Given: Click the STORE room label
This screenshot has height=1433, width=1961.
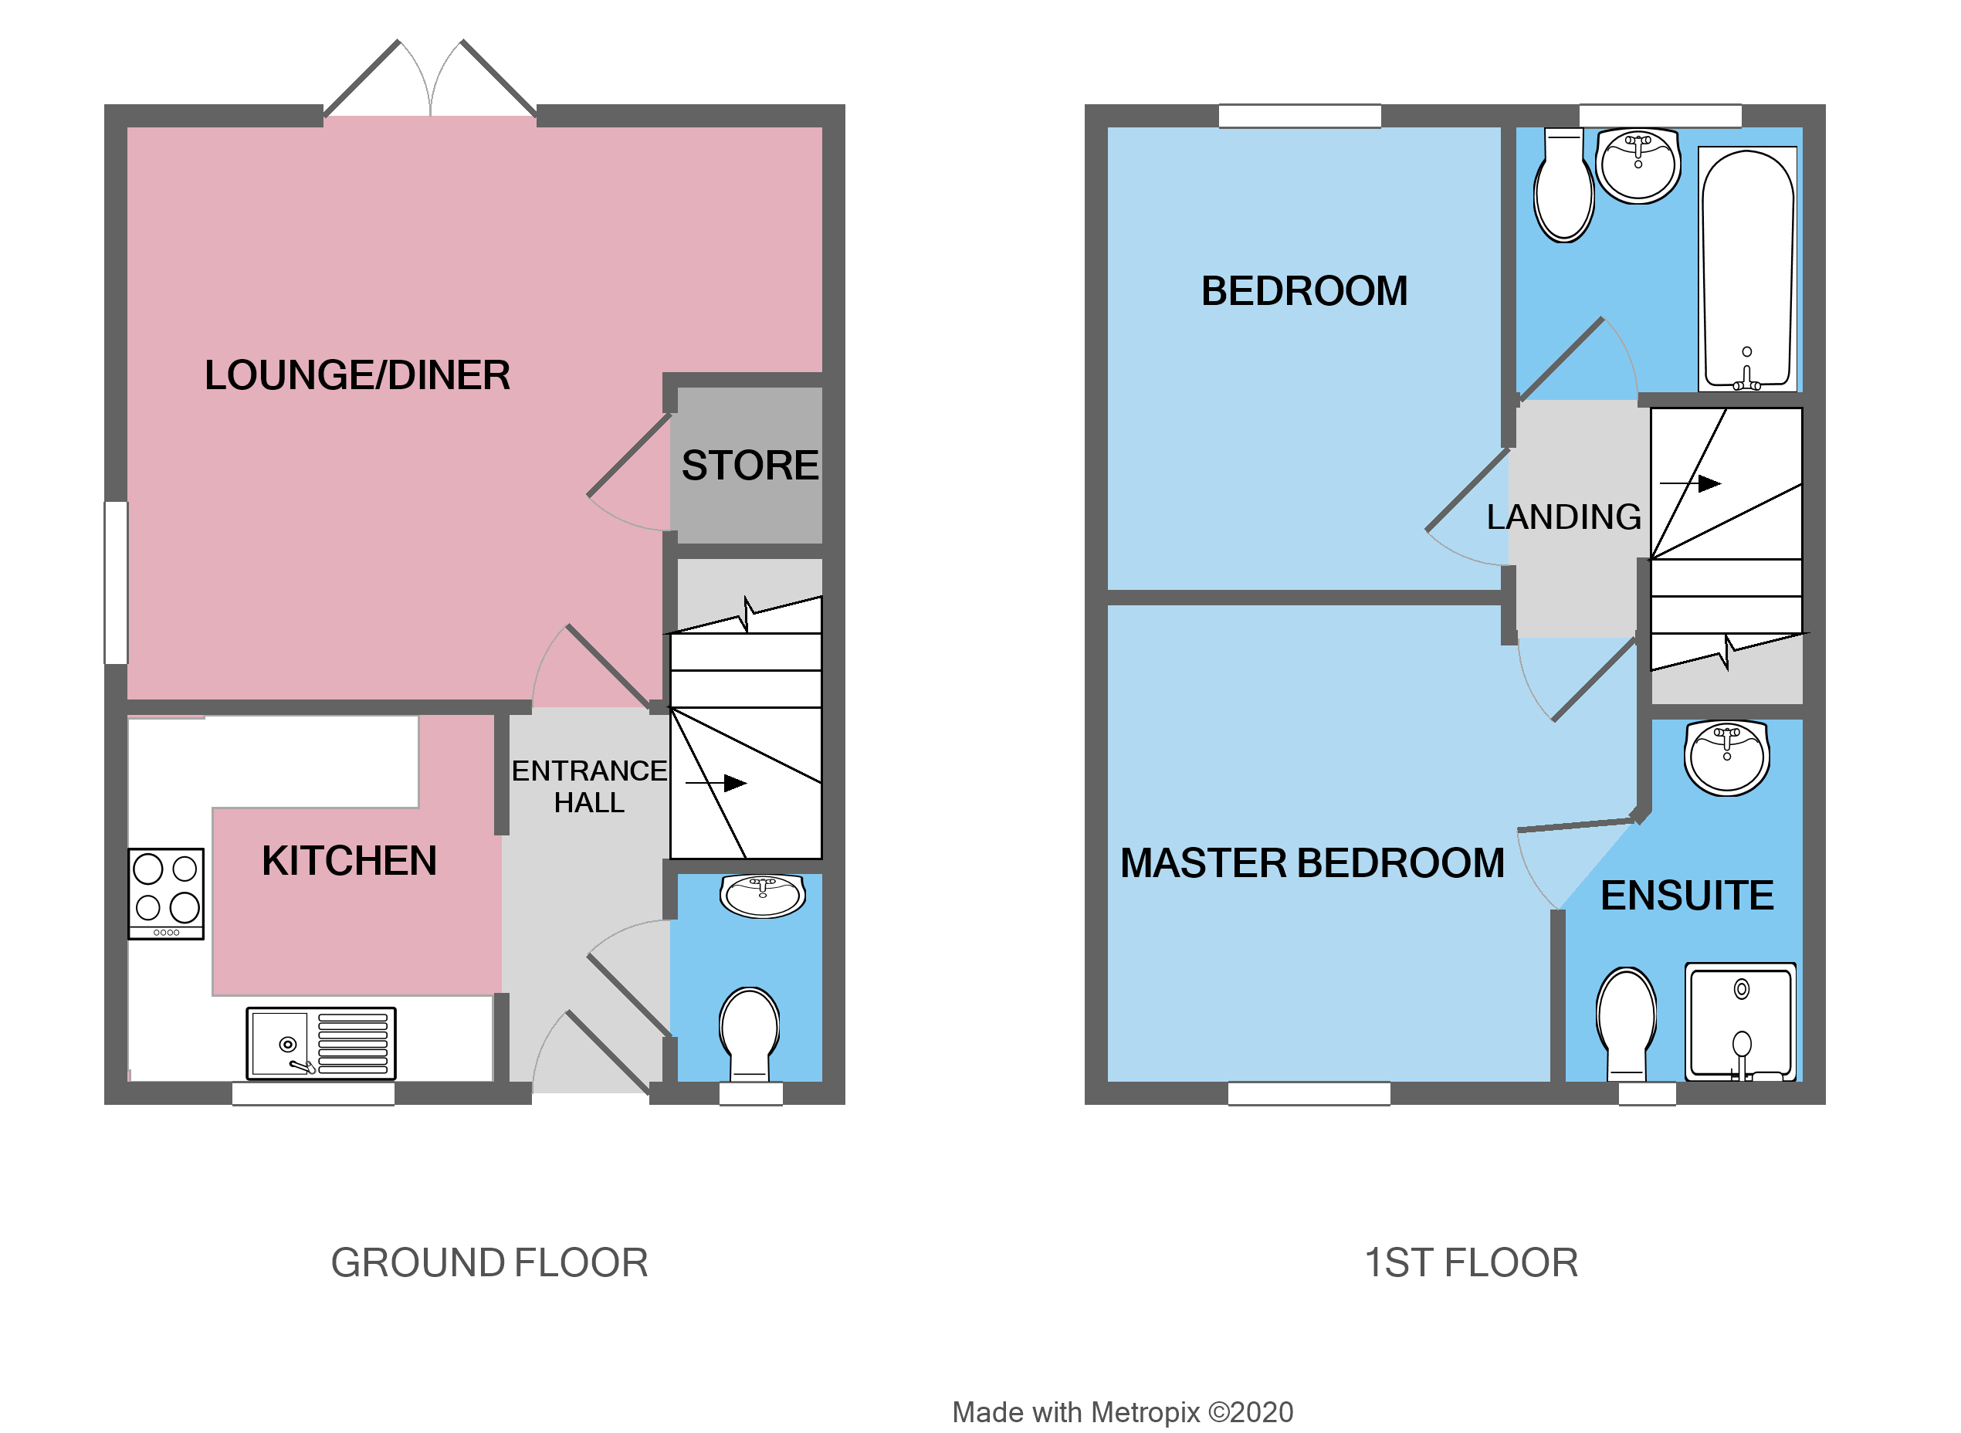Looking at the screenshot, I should point(750,466).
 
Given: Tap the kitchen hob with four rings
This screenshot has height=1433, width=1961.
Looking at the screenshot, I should point(166,893).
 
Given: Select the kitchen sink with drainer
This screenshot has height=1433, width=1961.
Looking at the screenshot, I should point(321,1044).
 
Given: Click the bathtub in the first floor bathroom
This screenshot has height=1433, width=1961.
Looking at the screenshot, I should point(1748,269).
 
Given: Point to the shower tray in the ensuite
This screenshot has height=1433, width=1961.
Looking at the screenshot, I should point(1741,1021).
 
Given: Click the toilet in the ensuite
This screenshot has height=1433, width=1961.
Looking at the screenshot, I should point(1627,1021).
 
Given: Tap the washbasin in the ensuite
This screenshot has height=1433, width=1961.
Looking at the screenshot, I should point(1727,758).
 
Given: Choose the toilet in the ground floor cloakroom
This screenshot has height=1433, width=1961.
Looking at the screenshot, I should point(750,1032).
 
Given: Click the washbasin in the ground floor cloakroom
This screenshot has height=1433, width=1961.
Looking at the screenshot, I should point(762,895).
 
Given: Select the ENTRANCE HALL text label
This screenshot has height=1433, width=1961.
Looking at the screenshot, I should point(589,787).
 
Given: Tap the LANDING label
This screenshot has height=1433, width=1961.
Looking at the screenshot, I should point(1563,517).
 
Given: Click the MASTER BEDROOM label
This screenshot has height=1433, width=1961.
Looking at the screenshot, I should point(1312,864).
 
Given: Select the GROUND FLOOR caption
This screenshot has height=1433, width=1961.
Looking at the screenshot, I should point(489,1263).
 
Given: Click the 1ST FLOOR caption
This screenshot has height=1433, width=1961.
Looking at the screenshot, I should point(1471,1263).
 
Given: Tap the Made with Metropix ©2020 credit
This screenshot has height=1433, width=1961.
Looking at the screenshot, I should point(1123,1412).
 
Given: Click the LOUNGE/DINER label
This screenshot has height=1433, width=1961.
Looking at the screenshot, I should point(357,375).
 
